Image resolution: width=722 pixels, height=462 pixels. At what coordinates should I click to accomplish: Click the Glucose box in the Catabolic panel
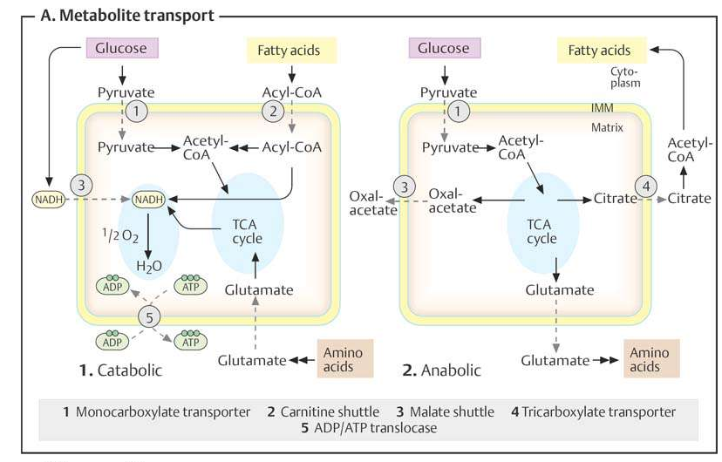(x=121, y=49)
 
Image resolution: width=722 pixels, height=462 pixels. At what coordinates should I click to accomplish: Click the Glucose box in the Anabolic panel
(x=443, y=49)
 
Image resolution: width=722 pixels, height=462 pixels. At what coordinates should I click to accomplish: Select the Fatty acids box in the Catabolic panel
(x=289, y=50)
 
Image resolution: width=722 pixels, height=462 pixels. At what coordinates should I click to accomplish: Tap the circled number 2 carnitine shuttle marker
(x=275, y=111)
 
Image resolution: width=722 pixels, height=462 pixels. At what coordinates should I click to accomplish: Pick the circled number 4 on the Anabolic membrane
(x=646, y=186)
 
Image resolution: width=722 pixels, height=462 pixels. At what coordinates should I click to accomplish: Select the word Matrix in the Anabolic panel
(x=607, y=127)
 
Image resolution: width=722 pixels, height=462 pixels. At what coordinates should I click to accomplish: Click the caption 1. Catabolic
(x=120, y=370)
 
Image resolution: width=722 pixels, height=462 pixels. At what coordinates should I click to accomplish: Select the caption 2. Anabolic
(x=441, y=370)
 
